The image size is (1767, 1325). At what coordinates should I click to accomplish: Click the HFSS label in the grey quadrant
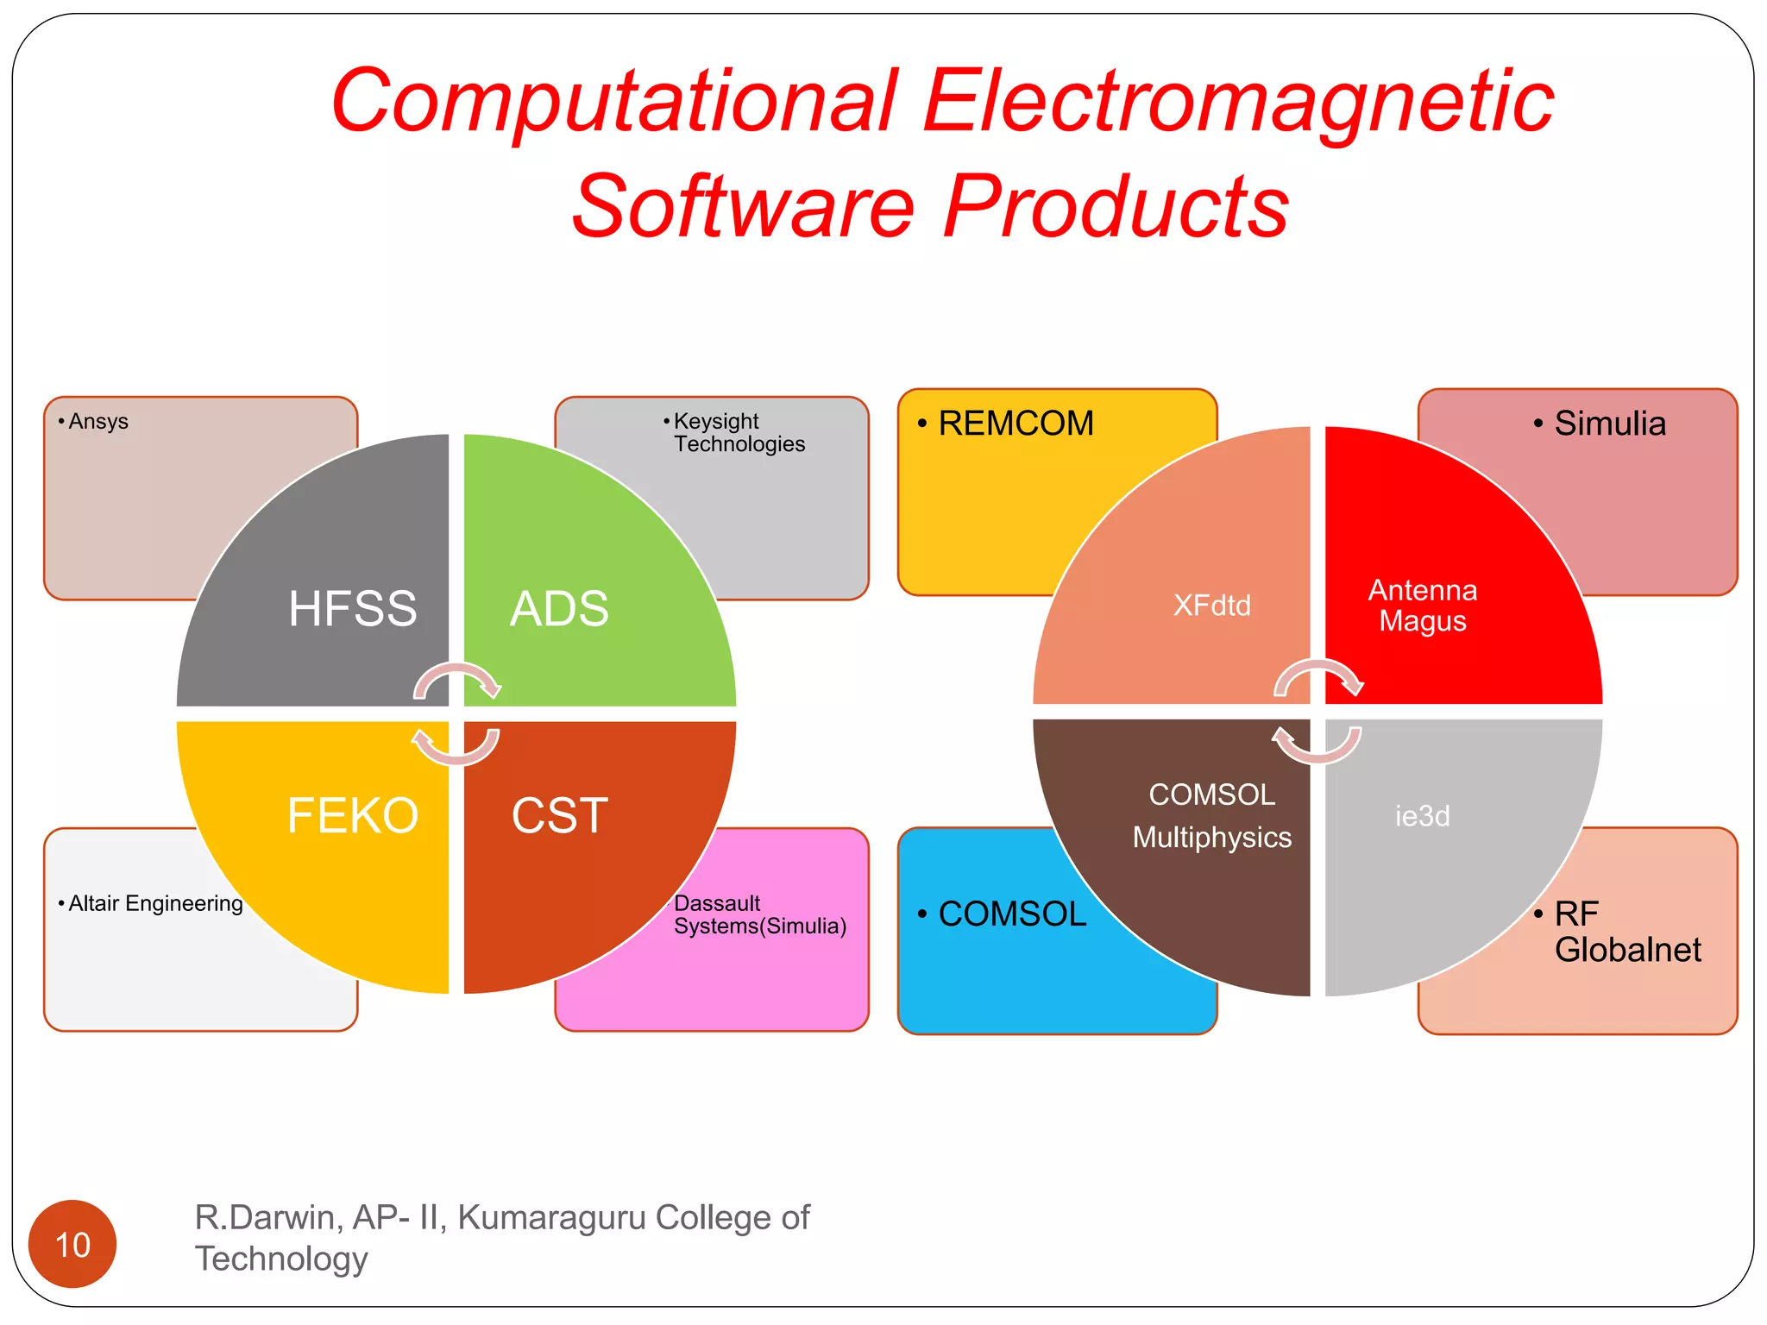(x=352, y=608)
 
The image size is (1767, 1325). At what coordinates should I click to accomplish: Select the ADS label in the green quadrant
(x=559, y=608)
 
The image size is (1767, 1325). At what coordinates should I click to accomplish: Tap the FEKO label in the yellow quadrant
(x=352, y=815)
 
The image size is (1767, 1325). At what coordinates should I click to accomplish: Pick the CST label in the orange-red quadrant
(x=559, y=815)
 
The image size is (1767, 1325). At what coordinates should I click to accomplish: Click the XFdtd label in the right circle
(x=1211, y=606)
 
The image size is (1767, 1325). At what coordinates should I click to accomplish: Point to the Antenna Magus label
(x=1423, y=606)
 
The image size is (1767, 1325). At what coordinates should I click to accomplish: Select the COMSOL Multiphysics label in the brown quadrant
(x=1211, y=815)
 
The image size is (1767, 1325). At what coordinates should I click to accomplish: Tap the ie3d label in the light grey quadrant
(x=1423, y=815)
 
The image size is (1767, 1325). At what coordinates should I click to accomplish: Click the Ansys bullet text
(x=97, y=422)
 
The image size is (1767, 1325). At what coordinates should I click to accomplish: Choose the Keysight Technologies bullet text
(x=739, y=432)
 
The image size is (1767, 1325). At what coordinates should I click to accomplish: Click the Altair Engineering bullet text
(x=155, y=903)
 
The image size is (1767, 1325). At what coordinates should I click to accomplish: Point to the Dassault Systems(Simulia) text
(x=759, y=914)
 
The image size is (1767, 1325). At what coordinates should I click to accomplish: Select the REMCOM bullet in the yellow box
(x=1015, y=424)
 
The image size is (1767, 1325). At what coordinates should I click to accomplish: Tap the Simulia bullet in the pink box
(x=1609, y=424)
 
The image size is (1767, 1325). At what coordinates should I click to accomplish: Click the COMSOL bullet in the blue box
(x=1011, y=914)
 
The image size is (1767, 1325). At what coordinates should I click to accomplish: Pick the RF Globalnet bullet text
(x=1626, y=932)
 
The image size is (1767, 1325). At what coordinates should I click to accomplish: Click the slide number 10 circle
(x=72, y=1244)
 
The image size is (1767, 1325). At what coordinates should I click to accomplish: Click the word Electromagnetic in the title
(x=1238, y=102)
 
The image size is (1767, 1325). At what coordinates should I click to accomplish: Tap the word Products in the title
(x=1116, y=207)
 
